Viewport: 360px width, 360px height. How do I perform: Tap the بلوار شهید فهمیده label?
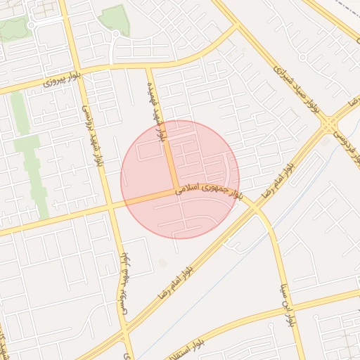click(156, 112)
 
